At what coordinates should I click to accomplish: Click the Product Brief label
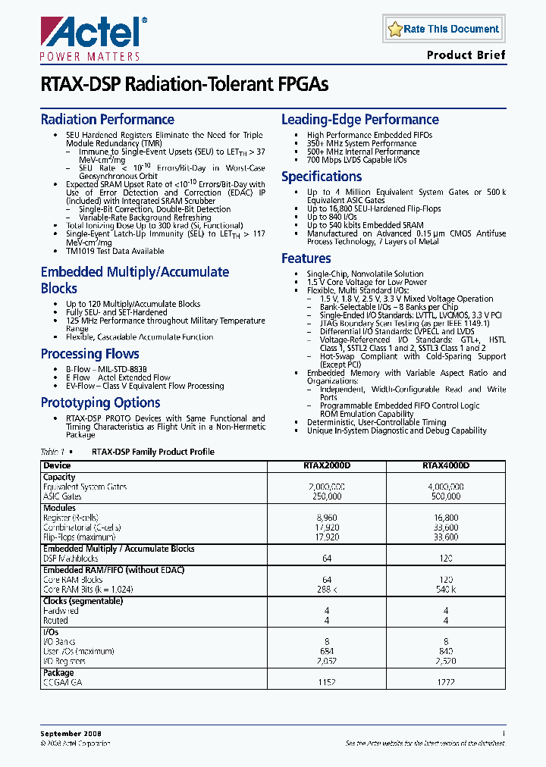pyautogui.click(x=466, y=55)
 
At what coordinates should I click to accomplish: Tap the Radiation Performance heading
pyautogui.click(x=107, y=120)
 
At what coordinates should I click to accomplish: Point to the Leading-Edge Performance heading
pyautogui.click(x=359, y=120)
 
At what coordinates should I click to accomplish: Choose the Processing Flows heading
pyautogui.click(x=89, y=354)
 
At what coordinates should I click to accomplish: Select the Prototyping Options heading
pyautogui.click(x=100, y=402)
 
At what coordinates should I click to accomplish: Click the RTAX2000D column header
pyautogui.click(x=326, y=465)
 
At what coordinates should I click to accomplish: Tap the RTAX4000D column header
pyautogui.click(x=446, y=465)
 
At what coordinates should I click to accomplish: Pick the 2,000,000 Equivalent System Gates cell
pyautogui.click(x=326, y=487)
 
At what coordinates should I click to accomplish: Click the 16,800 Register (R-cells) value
pyautogui.click(x=446, y=517)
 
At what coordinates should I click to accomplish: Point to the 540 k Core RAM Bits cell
pyautogui.click(x=446, y=590)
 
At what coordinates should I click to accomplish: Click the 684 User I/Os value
pyautogui.click(x=326, y=651)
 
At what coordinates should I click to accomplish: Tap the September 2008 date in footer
pyautogui.click(x=71, y=734)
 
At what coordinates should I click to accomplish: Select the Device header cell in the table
pyautogui.click(x=57, y=465)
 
